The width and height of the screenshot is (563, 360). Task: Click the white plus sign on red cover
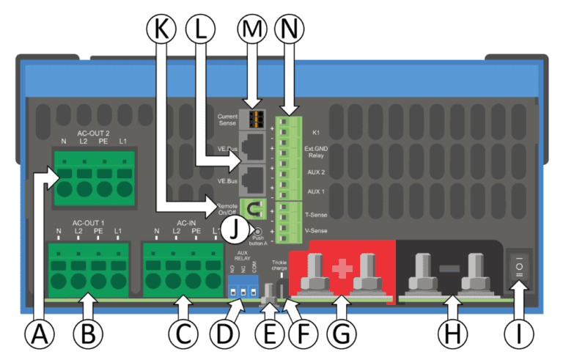339,268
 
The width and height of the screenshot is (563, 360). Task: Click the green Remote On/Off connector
253,208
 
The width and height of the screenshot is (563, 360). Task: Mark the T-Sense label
317,216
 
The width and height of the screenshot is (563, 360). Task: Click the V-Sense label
317,232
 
